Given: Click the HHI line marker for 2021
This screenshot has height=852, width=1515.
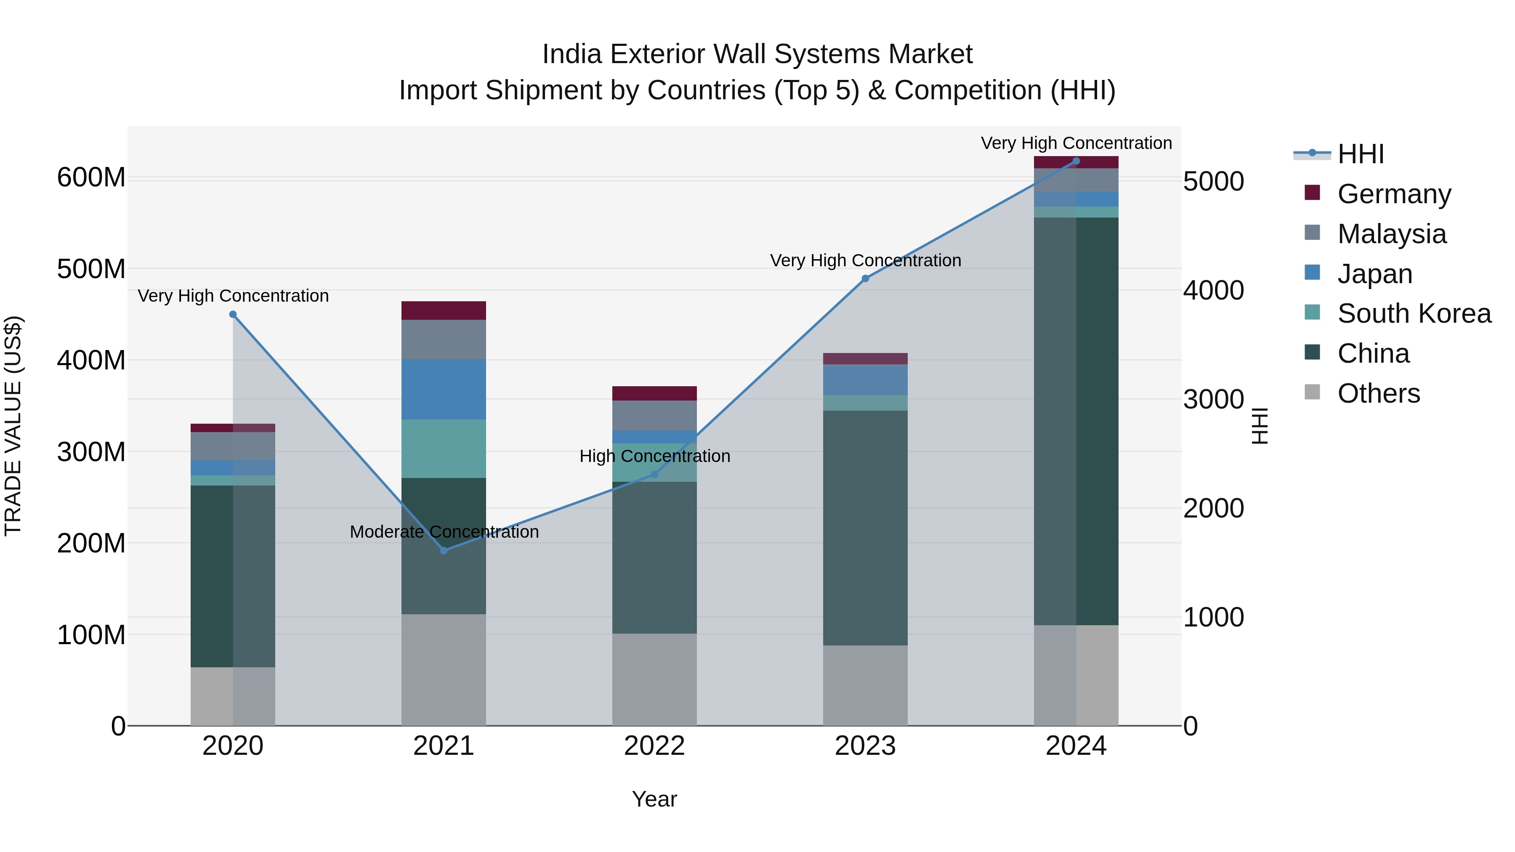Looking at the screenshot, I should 444,550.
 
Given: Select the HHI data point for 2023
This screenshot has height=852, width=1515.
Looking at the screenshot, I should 865,279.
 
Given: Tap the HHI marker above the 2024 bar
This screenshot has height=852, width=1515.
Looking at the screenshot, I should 1076,161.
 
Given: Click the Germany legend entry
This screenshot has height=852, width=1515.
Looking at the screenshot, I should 1393,194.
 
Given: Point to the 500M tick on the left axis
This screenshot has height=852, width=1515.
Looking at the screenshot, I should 91,269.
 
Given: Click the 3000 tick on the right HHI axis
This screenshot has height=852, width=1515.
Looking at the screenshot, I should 1213,400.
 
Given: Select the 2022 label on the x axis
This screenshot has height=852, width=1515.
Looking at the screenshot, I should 654,746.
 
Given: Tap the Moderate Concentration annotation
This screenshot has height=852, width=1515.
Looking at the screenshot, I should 444,531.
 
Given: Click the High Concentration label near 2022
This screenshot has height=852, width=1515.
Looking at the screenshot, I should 654,456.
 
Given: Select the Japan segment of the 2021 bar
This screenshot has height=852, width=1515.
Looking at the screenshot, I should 444,389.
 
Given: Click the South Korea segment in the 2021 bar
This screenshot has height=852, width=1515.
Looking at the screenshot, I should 444,449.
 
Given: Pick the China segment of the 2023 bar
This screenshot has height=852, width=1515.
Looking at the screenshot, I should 865,528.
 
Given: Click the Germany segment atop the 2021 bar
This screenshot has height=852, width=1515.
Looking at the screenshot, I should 444,311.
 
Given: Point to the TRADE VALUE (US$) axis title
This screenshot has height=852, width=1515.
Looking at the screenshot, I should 13,426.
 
